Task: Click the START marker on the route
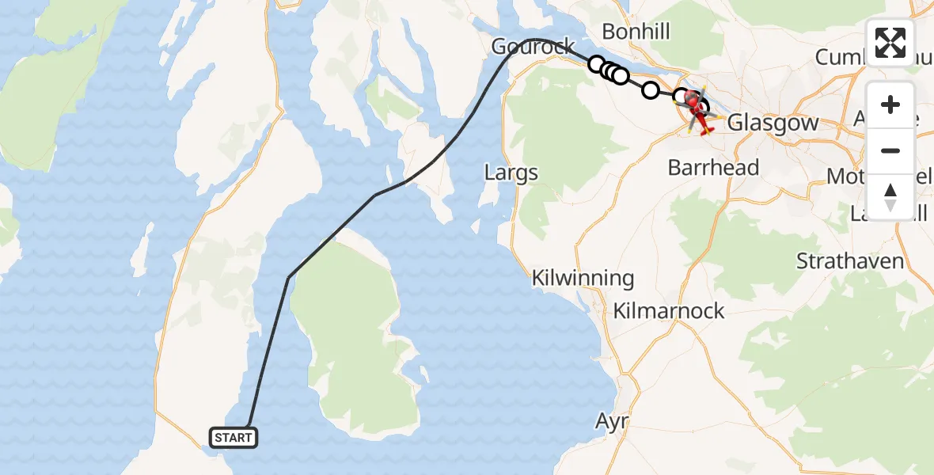233,437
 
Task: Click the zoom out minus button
890,150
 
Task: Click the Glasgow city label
773,123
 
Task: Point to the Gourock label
533,47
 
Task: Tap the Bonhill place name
636,32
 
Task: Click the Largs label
511,173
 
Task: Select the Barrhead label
713,168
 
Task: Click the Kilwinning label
583,279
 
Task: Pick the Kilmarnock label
669,311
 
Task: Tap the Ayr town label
612,421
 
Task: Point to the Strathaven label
850,261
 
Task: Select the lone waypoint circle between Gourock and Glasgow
650,90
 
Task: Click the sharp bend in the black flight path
289,277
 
